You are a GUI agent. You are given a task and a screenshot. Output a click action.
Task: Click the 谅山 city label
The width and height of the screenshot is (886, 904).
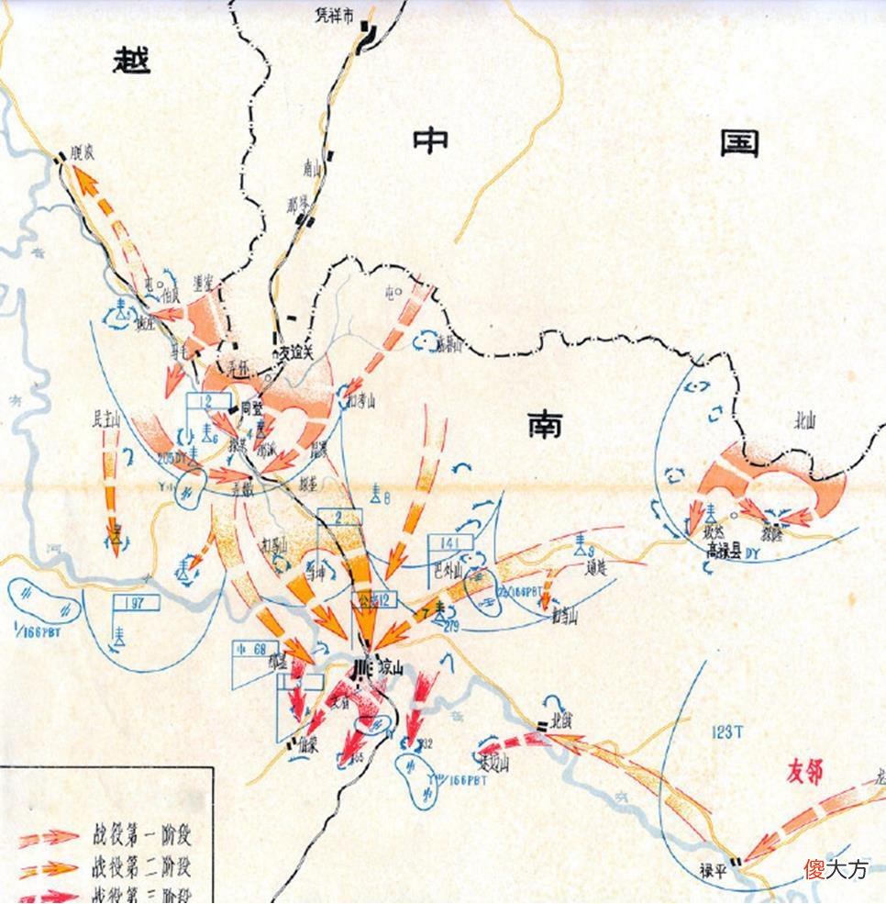(386, 669)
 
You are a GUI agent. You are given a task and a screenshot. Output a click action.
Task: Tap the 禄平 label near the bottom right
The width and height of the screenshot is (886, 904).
(714, 870)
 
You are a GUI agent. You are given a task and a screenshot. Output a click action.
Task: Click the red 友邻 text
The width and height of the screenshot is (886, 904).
(804, 773)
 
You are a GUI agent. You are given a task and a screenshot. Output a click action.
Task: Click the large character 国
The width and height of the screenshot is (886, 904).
(739, 141)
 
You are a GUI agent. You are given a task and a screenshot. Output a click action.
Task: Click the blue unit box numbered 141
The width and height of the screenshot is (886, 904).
(450, 541)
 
